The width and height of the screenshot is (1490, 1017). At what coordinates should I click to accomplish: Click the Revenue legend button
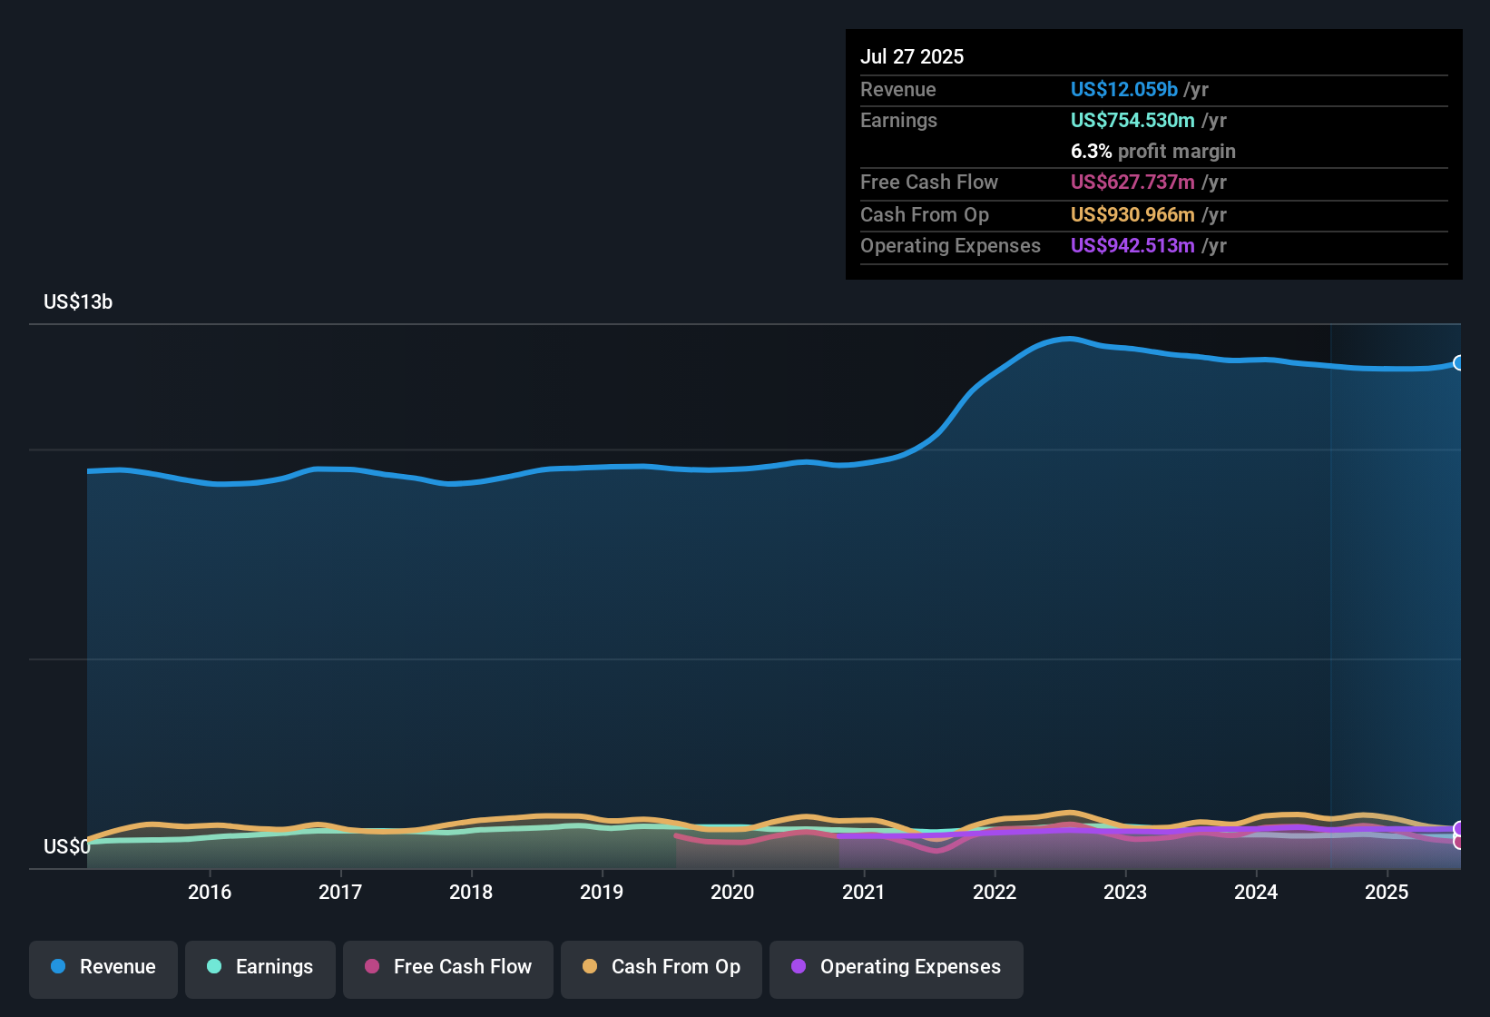[103, 968]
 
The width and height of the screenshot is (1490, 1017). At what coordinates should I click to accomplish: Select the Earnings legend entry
[260, 968]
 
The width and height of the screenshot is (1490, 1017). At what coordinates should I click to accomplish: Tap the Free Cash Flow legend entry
[448, 968]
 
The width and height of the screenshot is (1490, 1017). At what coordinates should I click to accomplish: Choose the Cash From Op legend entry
[662, 968]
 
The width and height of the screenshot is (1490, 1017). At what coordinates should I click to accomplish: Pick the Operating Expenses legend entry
[897, 968]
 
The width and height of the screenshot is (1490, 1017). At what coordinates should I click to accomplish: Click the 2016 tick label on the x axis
[210, 893]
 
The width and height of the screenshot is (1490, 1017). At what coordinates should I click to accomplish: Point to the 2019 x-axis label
[602, 893]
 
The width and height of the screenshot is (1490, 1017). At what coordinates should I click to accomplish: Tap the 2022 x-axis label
[995, 893]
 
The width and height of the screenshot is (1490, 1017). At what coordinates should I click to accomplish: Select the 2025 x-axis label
[1387, 893]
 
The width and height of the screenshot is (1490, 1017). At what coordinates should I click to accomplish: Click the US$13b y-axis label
[78, 302]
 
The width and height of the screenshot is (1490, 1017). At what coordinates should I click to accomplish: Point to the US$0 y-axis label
[66, 847]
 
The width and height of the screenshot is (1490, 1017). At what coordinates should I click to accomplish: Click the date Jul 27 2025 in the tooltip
[912, 56]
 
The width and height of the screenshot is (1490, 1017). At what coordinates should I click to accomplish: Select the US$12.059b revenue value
[1123, 89]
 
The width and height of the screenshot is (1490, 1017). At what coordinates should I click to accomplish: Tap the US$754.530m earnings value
[1132, 121]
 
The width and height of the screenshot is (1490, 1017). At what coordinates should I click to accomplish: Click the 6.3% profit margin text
[1152, 152]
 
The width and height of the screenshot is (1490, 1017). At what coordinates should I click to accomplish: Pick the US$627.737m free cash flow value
[1132, 183]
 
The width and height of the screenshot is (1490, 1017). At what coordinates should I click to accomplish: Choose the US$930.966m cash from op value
[1132, 215]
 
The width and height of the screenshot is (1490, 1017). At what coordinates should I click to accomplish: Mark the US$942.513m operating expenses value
[1132, 246]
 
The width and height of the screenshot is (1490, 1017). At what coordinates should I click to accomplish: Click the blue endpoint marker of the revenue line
[1459, 363]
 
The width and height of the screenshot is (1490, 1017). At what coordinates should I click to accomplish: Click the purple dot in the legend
[799, 967]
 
